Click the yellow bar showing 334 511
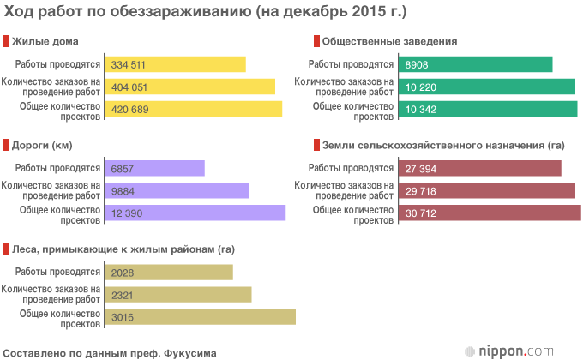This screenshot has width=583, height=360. tap(175, 64)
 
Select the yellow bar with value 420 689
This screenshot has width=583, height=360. tap(193, 109)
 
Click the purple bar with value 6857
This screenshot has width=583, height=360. tap(154, 169)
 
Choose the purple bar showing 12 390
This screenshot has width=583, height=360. tap(195, 213)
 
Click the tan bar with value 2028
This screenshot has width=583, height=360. tap(168, 273)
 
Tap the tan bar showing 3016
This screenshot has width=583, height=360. tap(200, 317)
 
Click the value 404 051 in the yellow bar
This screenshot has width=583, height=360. tap(130, 87)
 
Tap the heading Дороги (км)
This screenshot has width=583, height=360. tap(47, 145)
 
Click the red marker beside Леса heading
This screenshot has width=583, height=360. tap(6, 249)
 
